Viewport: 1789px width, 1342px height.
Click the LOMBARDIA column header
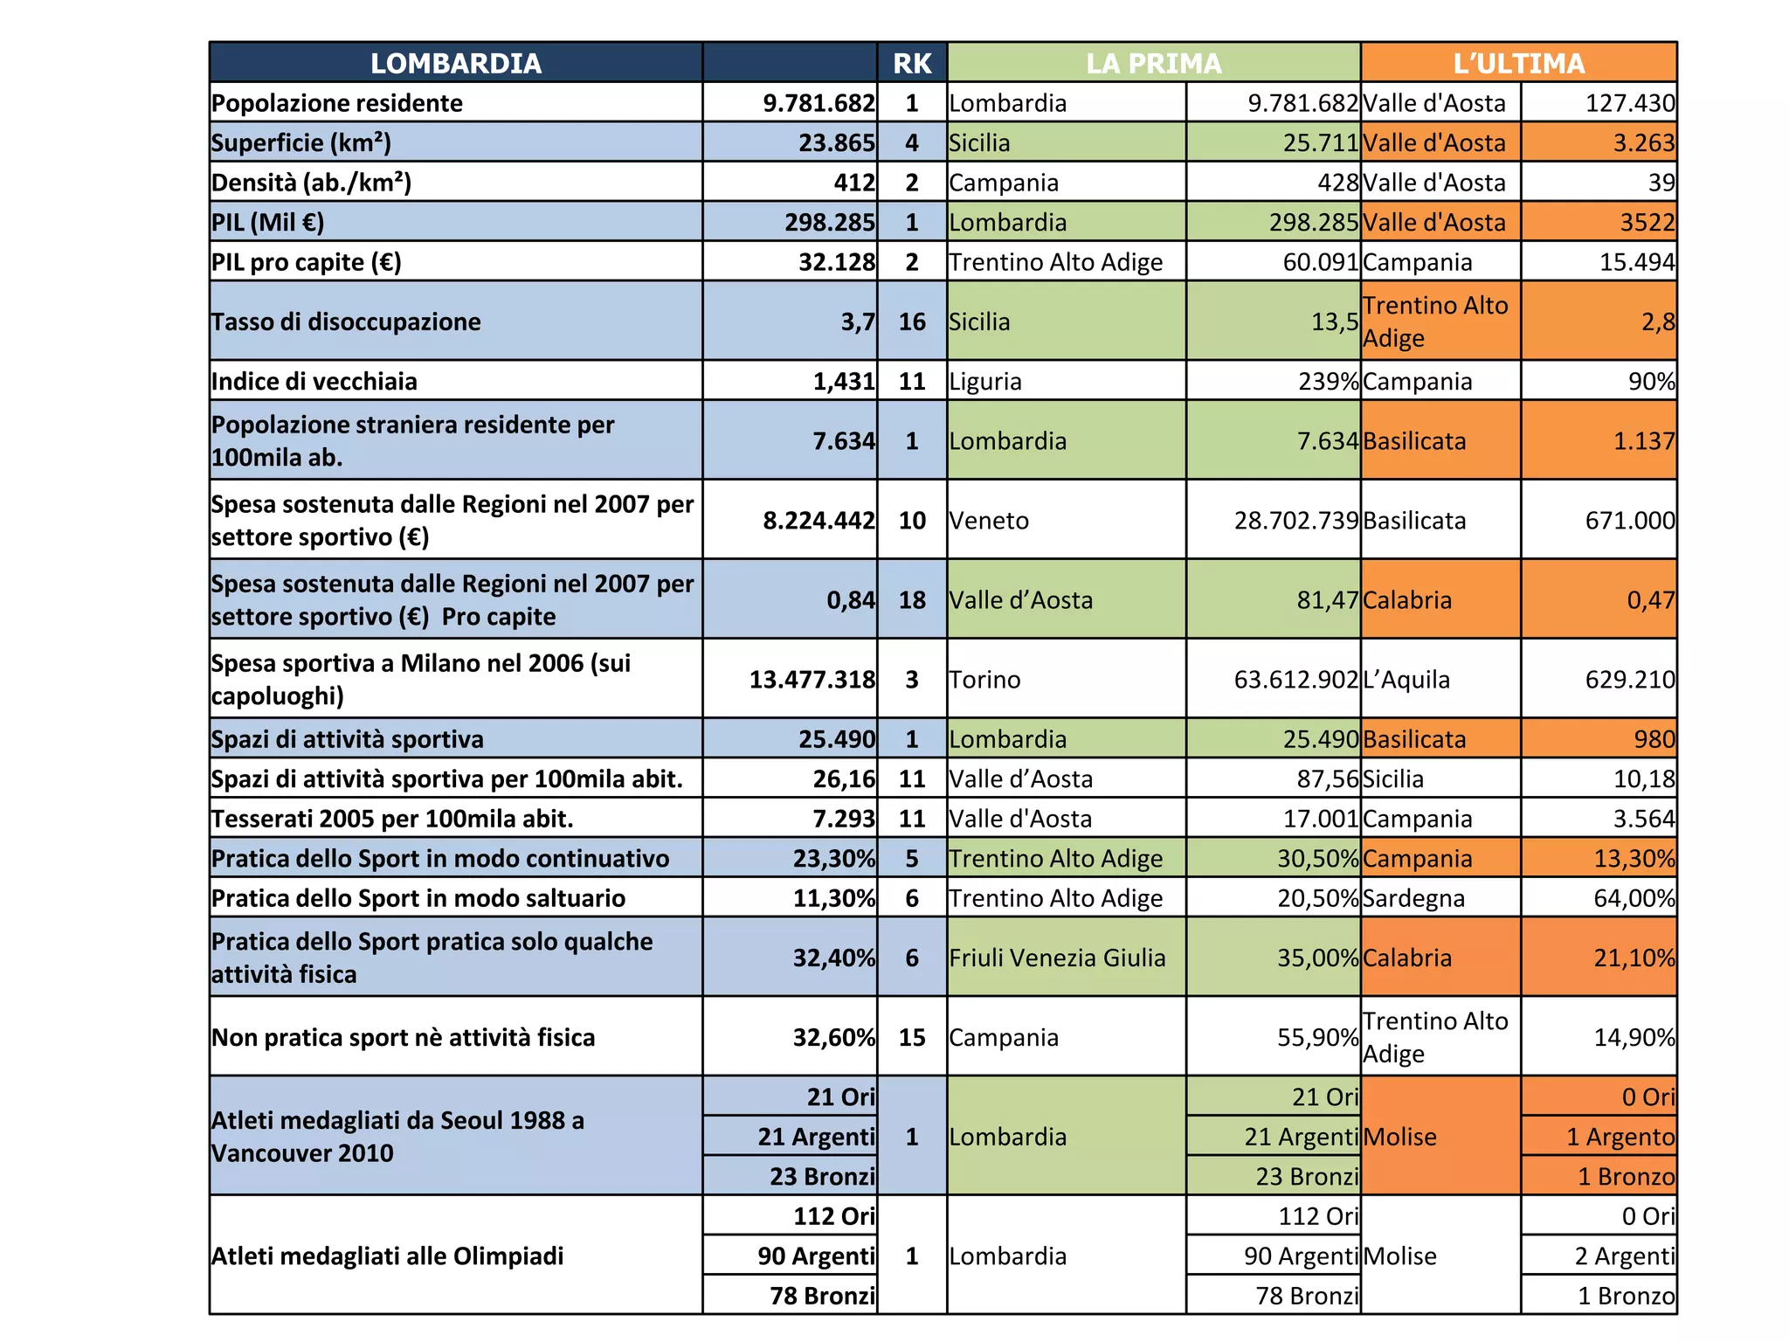455,63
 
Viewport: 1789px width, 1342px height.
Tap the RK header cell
912,63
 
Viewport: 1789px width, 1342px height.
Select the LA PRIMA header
1153,63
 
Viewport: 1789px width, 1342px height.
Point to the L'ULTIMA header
1518,63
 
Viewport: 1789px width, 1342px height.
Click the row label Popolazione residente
337,103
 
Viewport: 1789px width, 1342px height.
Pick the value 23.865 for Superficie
836,142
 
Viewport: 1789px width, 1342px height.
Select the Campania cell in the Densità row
1004,183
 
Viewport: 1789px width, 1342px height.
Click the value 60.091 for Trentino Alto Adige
1320,262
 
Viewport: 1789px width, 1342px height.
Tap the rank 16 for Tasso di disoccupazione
912,322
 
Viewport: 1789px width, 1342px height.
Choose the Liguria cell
985,381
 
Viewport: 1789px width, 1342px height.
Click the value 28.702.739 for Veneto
1296,521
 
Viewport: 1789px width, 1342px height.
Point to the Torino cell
984,680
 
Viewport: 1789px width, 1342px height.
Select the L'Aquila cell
1406,680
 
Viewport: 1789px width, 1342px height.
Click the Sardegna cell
1413,898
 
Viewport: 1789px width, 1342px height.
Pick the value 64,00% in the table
1634,898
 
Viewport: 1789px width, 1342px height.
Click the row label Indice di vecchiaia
314,381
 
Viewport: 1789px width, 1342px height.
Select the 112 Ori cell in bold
833,1216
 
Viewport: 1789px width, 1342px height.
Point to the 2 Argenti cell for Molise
1625,1256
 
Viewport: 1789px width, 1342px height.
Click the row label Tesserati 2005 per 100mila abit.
392,819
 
